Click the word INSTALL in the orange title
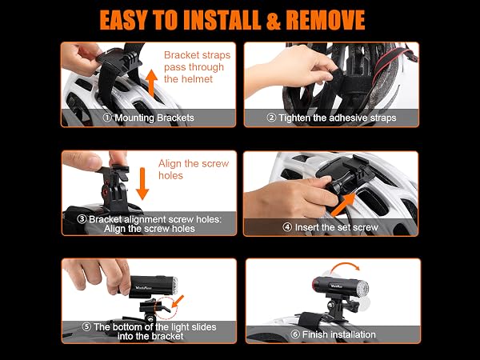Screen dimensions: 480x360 222,20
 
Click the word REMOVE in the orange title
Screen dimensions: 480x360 325,20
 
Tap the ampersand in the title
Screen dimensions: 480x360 273,21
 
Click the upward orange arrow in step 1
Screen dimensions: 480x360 151,82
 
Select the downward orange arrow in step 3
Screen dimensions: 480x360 142,183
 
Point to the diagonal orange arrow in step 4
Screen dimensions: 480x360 343,205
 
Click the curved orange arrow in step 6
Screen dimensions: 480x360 345,266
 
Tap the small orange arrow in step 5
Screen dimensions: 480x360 178,301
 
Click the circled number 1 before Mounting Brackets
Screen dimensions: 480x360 107,118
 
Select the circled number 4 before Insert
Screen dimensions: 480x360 287,227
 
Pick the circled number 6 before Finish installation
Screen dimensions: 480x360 295,334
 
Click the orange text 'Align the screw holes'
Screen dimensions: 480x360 194,170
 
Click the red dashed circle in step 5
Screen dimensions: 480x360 166,308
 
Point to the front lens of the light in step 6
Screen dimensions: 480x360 362,288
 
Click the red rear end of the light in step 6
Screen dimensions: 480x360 315,285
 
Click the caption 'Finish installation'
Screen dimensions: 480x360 339,334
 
